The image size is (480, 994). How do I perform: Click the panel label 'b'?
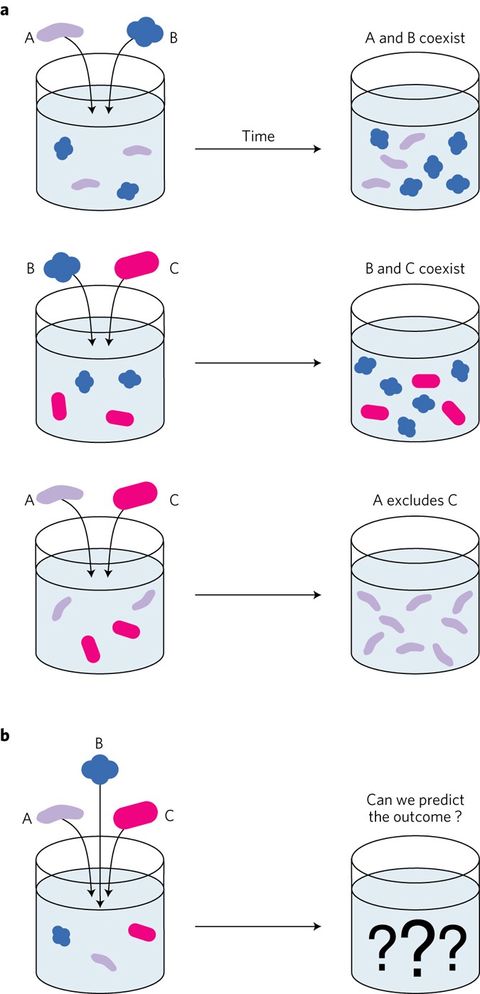[6, 735]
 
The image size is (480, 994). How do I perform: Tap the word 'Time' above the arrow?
[258, 136]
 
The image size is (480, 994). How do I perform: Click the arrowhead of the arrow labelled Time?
[316, 149]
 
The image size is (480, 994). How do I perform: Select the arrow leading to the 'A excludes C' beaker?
[257, 594]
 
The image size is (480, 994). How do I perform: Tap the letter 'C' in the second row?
[174, 269]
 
